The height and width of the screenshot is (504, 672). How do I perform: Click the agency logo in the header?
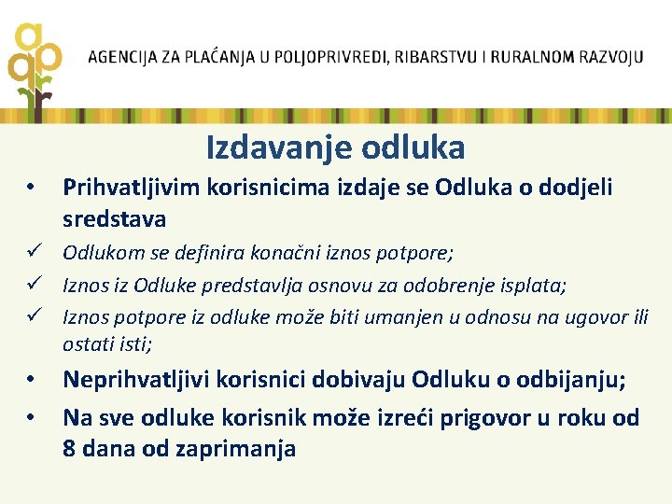35,65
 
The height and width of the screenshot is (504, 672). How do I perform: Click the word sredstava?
114,219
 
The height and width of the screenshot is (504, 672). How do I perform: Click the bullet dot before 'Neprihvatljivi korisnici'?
32,381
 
